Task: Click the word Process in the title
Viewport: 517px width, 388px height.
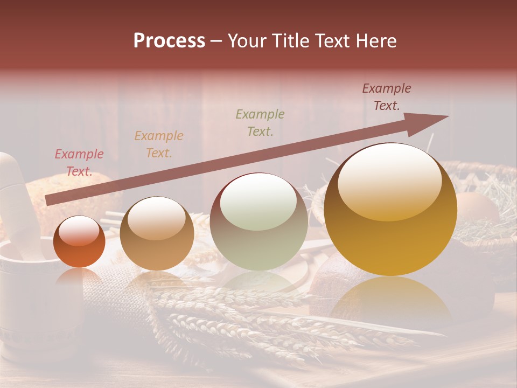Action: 169,41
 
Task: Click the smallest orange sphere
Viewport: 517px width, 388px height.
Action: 79,242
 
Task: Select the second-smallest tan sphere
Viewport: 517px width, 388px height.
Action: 157,234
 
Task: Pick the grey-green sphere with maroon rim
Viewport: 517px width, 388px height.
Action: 258,221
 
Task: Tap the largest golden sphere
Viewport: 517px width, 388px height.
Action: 390,210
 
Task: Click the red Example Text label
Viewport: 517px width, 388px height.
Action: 79,163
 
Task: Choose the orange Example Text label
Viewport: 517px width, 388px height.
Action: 159,144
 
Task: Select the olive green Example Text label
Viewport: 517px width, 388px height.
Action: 260,122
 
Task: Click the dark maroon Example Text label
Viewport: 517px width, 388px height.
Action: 387,97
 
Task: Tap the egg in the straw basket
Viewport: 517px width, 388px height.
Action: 476,207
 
